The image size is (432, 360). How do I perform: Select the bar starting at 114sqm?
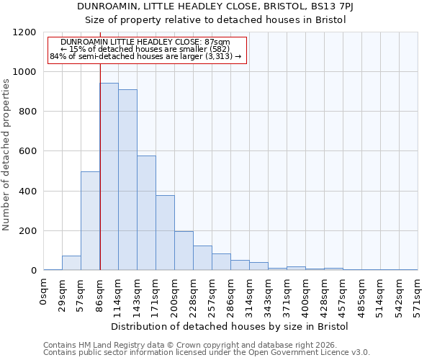(127, 180)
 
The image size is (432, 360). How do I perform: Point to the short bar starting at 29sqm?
(71, 263)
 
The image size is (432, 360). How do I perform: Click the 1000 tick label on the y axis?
(25, 72)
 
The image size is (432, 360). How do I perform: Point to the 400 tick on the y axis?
(28, 192)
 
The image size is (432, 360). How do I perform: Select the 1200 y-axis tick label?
(25, 32)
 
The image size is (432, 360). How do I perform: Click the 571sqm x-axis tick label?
(418, 294)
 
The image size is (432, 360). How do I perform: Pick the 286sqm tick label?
(231, 294)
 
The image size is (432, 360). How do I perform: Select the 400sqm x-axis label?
(306, 294)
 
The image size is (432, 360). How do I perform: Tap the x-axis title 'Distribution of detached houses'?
(230, 327)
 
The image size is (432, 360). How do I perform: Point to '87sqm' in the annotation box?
(217, 42)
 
